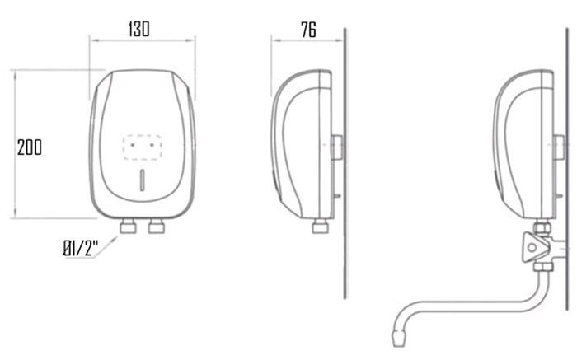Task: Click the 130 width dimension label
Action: click(x=139, y=29)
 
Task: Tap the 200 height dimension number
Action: click(x=30, y=147)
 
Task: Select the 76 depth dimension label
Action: click(x=308, y=30)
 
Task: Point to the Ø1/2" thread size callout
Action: click(x=81, y=248)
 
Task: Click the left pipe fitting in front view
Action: click(x=128, y=227)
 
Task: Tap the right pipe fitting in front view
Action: click(x=157, y=227)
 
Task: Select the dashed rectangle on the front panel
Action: click(x=142, y=147)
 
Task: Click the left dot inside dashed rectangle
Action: click(x=132, y=145)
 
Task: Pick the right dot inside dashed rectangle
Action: click(x=152, y=145)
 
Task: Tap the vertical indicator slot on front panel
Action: click(x=143, y=180)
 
